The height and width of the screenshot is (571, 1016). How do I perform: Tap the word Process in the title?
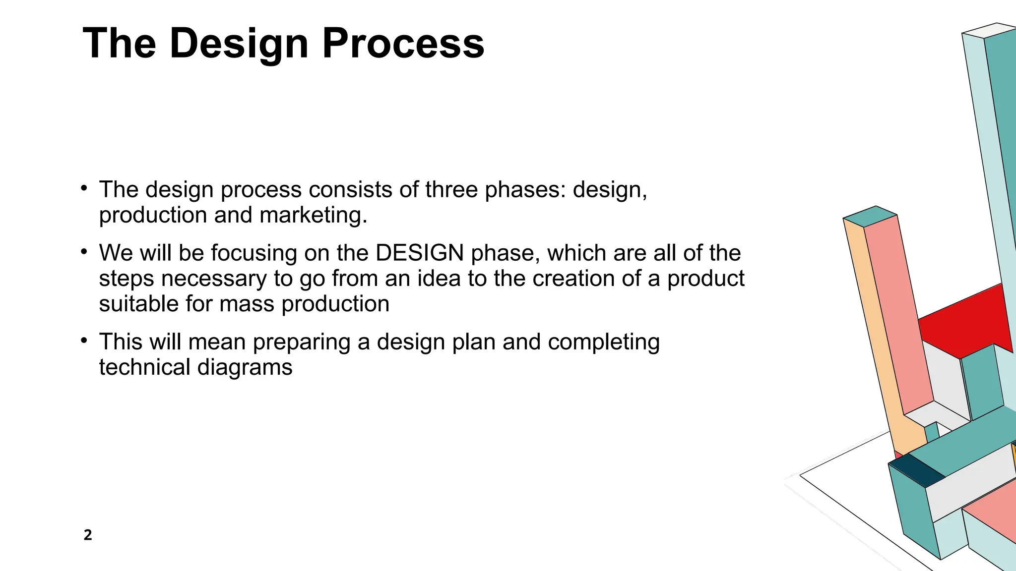(x=403, y=44)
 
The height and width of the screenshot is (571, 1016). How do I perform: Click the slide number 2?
(x=88, y=535)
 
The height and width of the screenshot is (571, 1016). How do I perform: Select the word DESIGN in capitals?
(x=420, y=253)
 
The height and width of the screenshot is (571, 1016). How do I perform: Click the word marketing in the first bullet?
(x=313, y=215)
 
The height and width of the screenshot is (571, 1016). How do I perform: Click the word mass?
(x=247, y=304)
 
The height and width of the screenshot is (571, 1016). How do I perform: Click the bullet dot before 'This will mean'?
(x=84, y=341)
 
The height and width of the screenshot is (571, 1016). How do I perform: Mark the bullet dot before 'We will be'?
(x=84, y=252)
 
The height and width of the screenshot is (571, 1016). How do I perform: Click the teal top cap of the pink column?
(x=870, y=216)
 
